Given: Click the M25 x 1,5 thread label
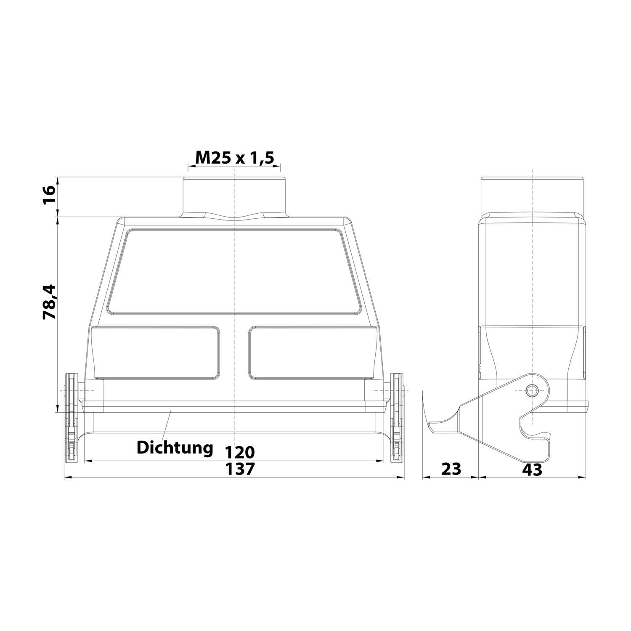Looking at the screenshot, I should [x=234, y=158].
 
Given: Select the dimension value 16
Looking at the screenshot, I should [x=49, y=196].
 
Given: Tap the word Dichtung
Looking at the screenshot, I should [x=175, y=448].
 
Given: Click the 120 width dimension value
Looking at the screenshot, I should [x=239, y=452].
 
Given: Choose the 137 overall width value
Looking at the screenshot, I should [x=239, y=469].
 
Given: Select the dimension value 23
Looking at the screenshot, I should [x=451, y=469].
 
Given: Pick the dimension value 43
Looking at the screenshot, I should [x=532, y=469].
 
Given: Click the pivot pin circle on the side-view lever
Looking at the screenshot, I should [x=533, y=391].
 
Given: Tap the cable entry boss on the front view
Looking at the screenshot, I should [x=234, y=197].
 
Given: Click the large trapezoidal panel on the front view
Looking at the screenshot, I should [x=234, y=271].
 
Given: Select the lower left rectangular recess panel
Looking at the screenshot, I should [x=156, y=352].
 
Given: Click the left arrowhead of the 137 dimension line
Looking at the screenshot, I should [x=67, y=478].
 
